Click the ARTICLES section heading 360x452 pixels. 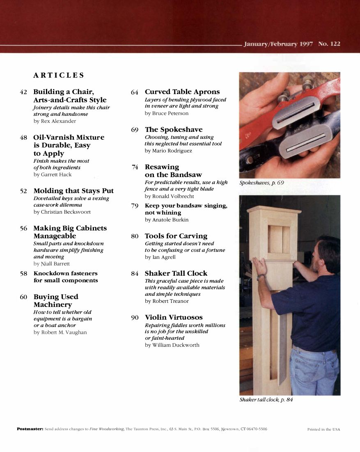click(59, 75)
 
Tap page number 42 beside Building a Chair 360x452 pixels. click(23, 92)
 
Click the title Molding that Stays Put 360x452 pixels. click(73, 191)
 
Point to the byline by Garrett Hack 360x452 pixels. click(53, 175)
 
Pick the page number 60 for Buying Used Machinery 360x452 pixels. click(23, 297)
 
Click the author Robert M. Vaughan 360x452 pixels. click(60, 332)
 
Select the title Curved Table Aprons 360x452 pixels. click(182, 92)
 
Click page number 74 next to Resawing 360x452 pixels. click(135, 167)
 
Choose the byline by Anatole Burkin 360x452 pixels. click(167, 220)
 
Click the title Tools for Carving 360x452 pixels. click(176, 236)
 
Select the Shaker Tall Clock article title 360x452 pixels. click(176, 273)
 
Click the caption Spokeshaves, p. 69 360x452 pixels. click(261, 183)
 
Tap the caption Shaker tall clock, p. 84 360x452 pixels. click(266, 399)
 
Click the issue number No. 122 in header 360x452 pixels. click(329, 44)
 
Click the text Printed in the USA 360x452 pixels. click(323, 429)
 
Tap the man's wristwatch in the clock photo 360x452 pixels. click(260, 277)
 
